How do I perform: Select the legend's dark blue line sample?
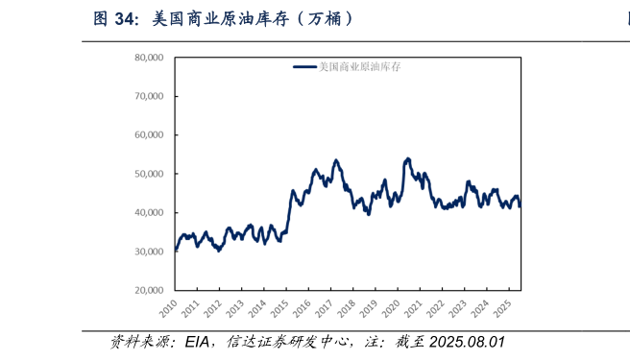click(304, 67)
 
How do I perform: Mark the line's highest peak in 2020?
click(408, 158)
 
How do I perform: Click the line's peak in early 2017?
click(336, 160)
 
